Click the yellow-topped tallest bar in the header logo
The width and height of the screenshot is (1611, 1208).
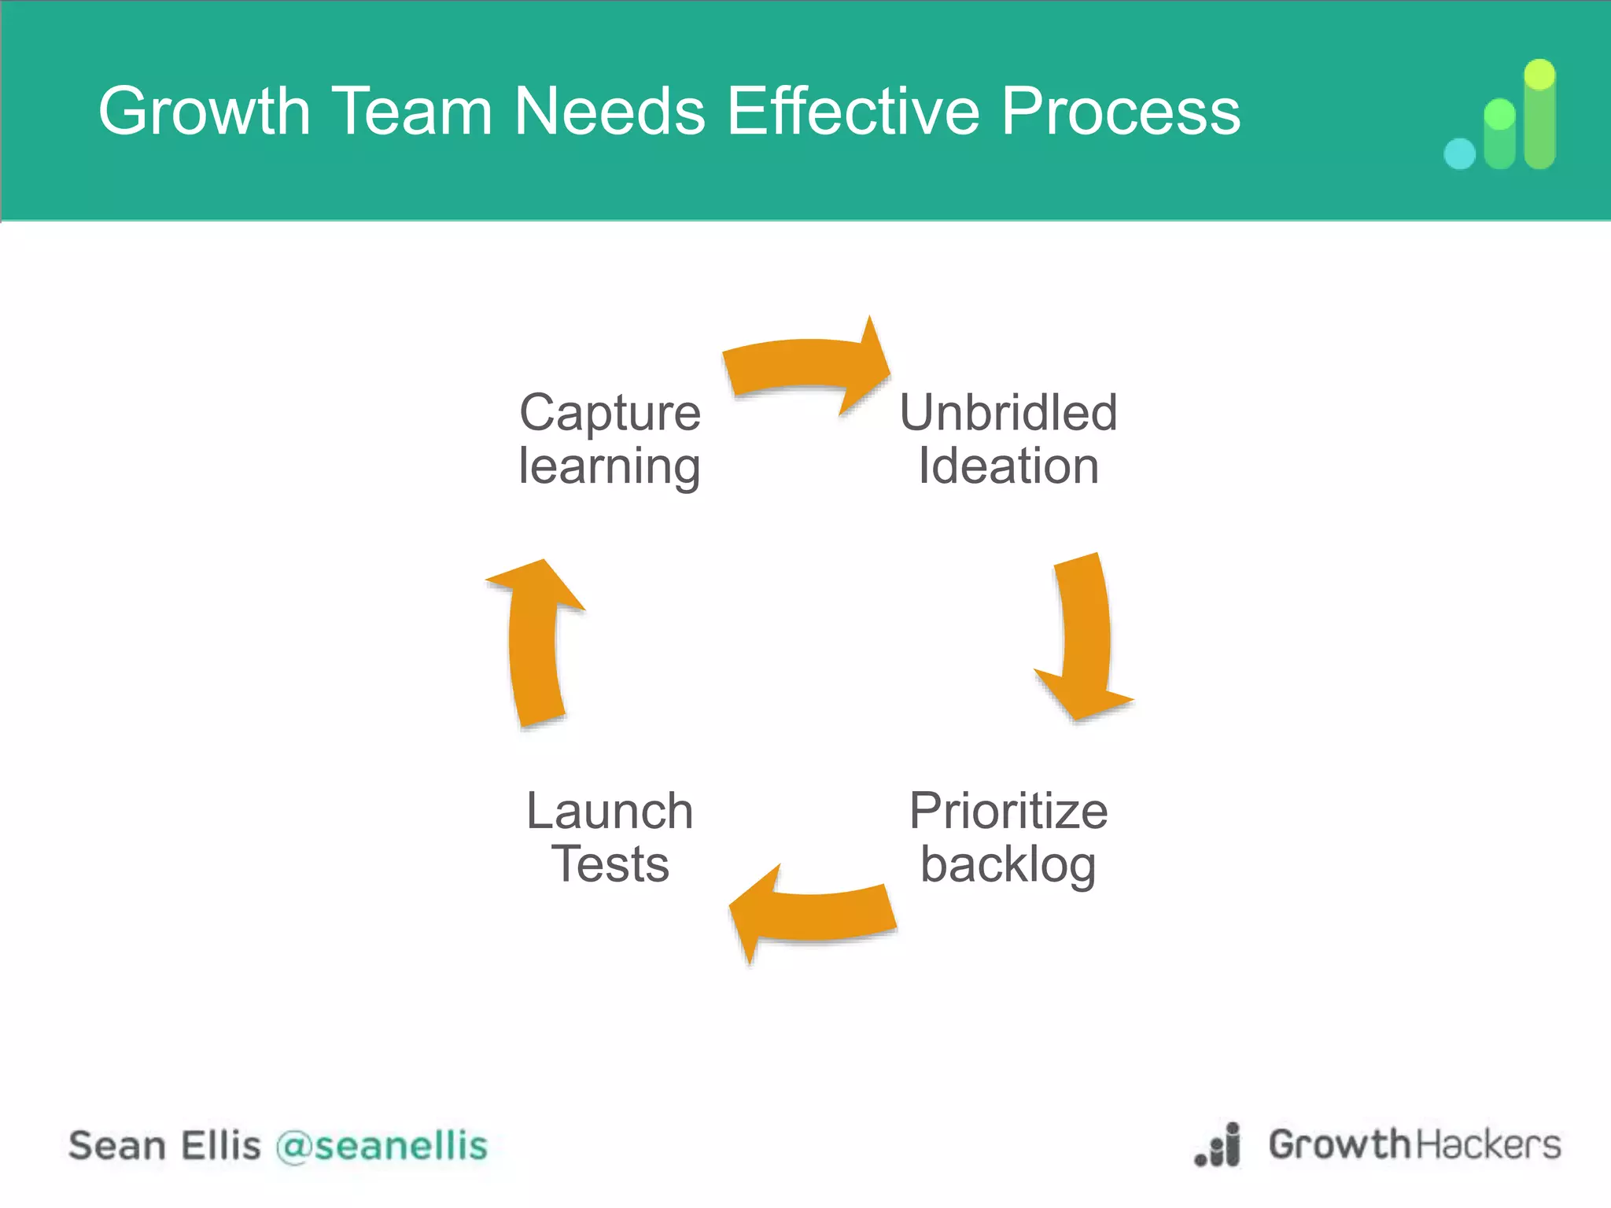point(1539,114)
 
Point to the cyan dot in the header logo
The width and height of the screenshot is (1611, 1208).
point(1460,153)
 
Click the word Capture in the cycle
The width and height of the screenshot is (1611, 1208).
point(610,413)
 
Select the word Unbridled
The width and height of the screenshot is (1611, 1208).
point(1008,413)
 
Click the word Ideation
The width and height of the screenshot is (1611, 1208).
point(1008,466)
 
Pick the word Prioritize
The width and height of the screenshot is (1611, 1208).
point(1008,811)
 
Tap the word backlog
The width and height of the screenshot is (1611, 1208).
point(1008,865)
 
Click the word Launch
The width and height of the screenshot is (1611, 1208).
point(610,811)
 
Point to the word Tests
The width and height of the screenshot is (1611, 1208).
point(610,864)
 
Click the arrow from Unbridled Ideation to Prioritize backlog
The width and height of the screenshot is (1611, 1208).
point(1086,637)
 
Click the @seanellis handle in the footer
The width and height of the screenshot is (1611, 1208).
point(382,1146)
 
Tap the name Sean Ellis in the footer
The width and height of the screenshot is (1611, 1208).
point(164,1146)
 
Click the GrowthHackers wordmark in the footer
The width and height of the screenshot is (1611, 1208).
point(1414,1144)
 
